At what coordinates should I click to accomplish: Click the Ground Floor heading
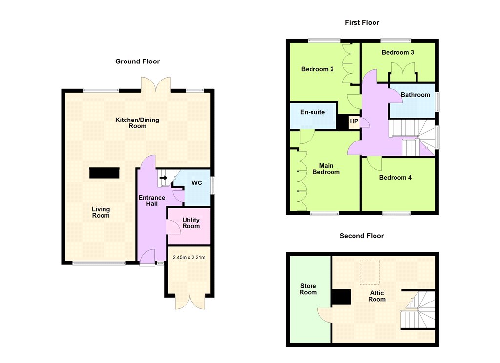click(137, 61)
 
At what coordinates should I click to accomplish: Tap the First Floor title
click(362, 22)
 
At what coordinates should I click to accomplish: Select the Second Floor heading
click(362, 236)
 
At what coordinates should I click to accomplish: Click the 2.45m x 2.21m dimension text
click(189, 257)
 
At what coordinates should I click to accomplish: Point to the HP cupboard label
click(354, 121)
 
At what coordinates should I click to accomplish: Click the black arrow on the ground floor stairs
click(163, 178)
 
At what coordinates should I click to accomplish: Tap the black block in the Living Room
click(104, 173)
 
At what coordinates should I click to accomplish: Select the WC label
click(196, 183)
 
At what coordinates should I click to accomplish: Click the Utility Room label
click(191, 223)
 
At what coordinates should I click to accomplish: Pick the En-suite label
click(312, 112)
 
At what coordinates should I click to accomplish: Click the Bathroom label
click(415, 95)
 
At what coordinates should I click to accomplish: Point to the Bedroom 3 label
click(397, 52)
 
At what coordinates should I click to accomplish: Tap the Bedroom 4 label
click(395, 178)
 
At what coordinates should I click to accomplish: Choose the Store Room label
click(308, 289)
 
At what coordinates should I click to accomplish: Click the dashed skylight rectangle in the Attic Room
click(370, 272)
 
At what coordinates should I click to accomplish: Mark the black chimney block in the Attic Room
click(340, 297)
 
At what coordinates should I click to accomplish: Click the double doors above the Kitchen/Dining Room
click(156, 84)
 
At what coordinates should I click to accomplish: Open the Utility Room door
click(173, 227)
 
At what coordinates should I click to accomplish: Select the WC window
click(213, 185)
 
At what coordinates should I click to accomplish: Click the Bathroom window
click(437, 102)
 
